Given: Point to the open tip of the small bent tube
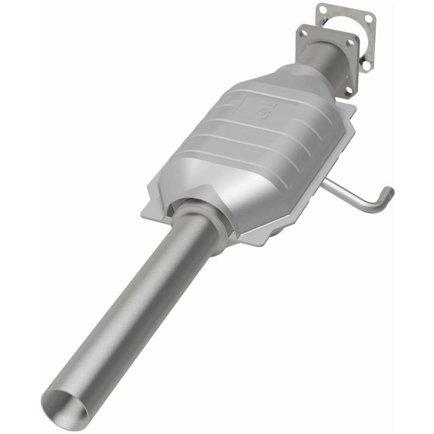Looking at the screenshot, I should click(x=388, y=192).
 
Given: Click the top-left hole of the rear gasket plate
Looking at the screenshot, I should click(x=323, y=9).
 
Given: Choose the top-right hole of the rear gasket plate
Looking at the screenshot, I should click(x=369, y=18).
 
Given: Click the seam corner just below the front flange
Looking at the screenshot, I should click(x=353, y=106).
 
